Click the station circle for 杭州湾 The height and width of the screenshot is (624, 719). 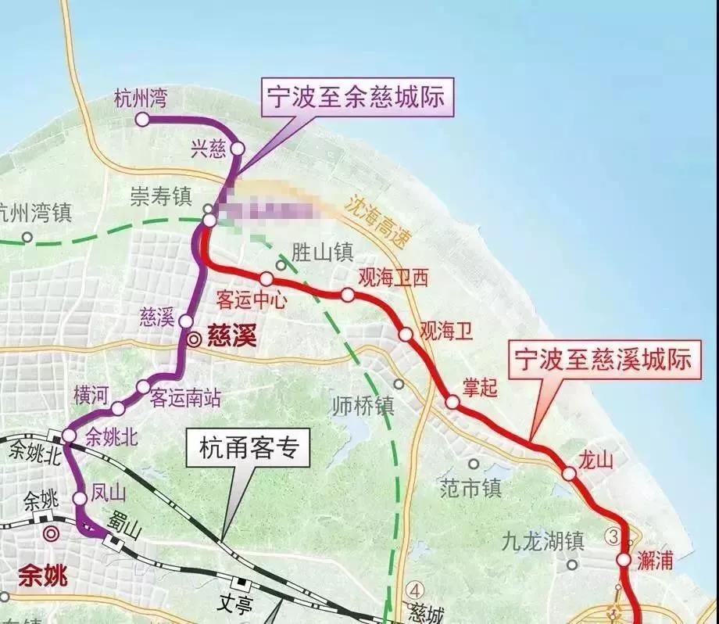point(142,119)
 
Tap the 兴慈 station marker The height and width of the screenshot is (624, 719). point(238,148)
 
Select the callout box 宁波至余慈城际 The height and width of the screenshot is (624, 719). point(355,99)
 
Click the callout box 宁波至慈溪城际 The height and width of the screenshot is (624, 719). point(602,360)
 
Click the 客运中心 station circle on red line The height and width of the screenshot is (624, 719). point(266,278)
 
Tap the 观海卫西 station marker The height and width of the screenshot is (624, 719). point(347,295)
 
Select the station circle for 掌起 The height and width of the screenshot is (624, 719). point(452,402)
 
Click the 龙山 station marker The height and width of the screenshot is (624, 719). point(569,472)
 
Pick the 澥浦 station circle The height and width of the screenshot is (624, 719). point(623,560)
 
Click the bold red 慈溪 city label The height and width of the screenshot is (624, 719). point(234,338)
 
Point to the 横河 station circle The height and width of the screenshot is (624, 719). point(117,408)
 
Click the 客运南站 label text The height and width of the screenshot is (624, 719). point(185,397)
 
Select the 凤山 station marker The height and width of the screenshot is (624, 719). point(80,498)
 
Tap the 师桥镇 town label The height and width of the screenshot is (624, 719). point(363,406)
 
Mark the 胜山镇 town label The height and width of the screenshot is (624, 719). point(323,252)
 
